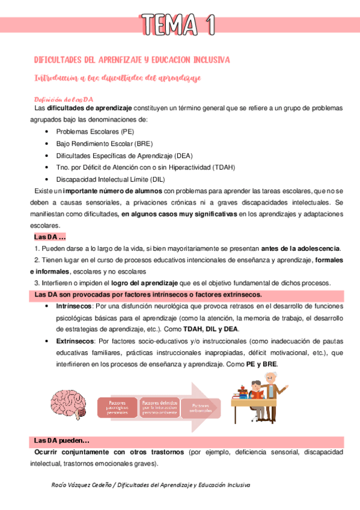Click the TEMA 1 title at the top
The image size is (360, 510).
(180, 25)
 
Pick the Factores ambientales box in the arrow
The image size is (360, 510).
(200, 407)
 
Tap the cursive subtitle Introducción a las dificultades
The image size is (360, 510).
(117, 78)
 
